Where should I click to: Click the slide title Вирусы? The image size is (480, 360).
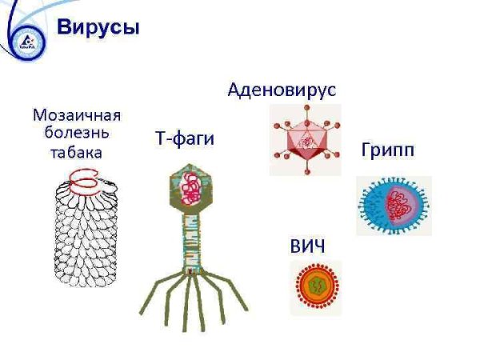click(x=98, y=28)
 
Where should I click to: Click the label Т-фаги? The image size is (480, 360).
click(x=184, y=139)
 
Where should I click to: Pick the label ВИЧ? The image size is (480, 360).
click(x=307, y=245)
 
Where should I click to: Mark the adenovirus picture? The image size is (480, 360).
click(x=305, y=139)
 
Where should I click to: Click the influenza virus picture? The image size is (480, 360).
click(x=394, y=206)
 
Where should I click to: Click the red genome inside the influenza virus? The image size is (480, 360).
click(x=398, y=206)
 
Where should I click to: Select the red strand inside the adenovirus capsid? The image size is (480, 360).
click(x=305, y=141)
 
